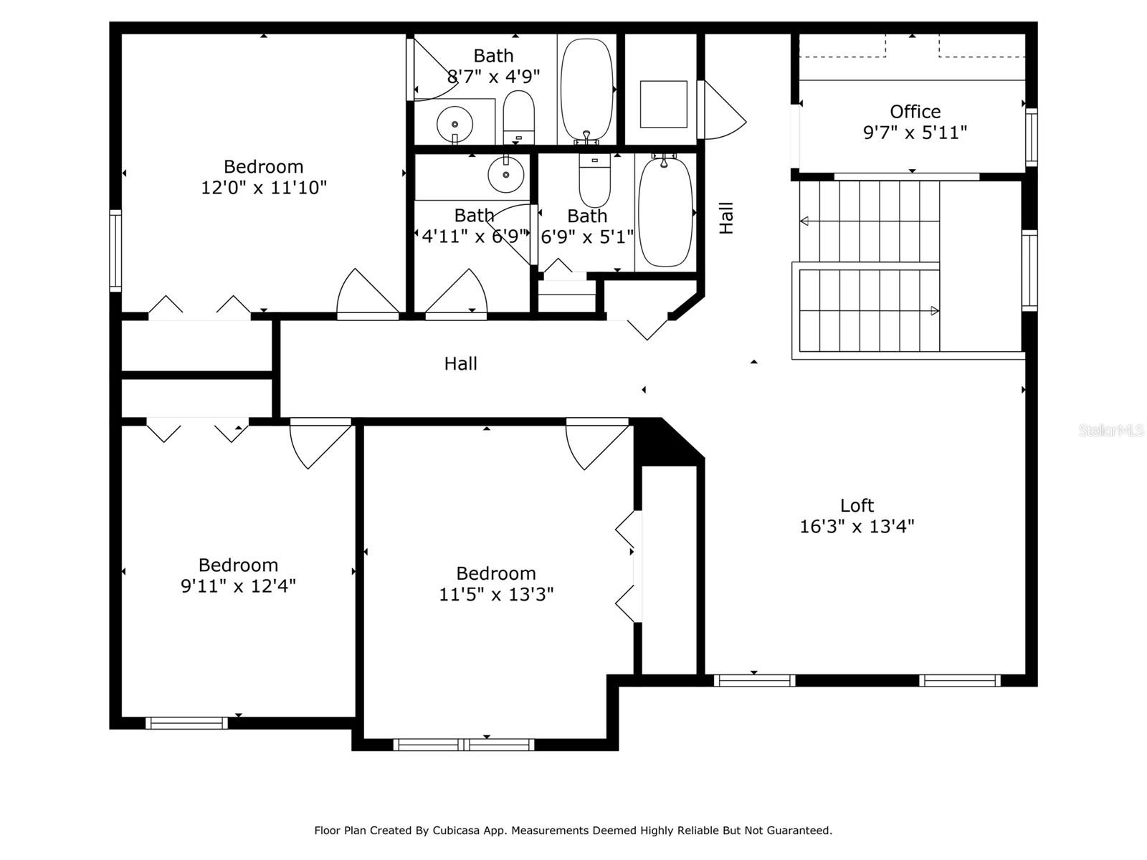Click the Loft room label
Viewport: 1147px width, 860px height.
[857, 505]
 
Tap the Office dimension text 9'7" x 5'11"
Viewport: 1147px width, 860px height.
[915, 133]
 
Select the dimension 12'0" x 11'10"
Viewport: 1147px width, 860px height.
[264, 188]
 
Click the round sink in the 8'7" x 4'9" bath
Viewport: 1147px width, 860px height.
[454, 124]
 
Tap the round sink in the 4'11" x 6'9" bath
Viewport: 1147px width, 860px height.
[505, 174]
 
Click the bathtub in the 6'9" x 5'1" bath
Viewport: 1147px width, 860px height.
[665, 211]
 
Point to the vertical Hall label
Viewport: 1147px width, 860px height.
[726, 218]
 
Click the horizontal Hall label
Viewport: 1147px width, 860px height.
[460, 364]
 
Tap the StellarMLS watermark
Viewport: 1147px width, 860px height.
[1110, 430]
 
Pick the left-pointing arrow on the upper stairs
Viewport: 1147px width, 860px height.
[804, 221]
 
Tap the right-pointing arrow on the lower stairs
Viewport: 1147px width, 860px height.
[934, 310]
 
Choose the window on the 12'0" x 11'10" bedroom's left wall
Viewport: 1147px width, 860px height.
[115, 250]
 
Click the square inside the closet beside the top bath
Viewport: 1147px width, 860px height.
[663, 105]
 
